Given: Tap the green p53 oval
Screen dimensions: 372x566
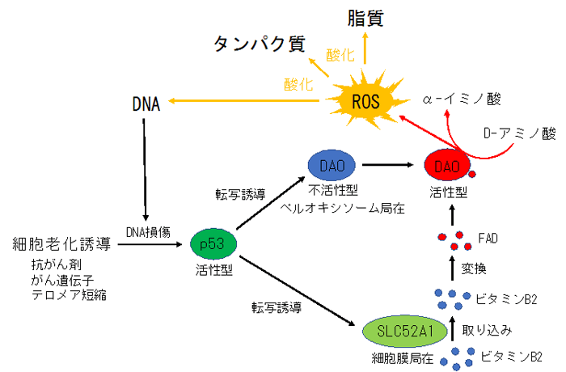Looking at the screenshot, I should click(212, 242).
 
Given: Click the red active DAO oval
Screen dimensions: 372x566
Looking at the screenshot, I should click(447, 166).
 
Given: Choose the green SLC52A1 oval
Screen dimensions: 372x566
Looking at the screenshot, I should click(401, 332).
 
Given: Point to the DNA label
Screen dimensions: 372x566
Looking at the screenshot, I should click(146, 104).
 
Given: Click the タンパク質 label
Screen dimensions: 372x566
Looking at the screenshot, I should click(260, 44).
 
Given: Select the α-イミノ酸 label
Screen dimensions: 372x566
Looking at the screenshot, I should click(462, 99).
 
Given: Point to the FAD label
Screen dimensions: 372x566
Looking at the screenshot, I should click(488, 239).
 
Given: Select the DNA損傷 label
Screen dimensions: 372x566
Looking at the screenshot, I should click(146, 231).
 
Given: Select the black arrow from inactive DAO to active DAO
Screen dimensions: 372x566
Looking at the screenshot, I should click(391, 165).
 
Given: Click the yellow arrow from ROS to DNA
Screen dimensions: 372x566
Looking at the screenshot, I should click(243, 104).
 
